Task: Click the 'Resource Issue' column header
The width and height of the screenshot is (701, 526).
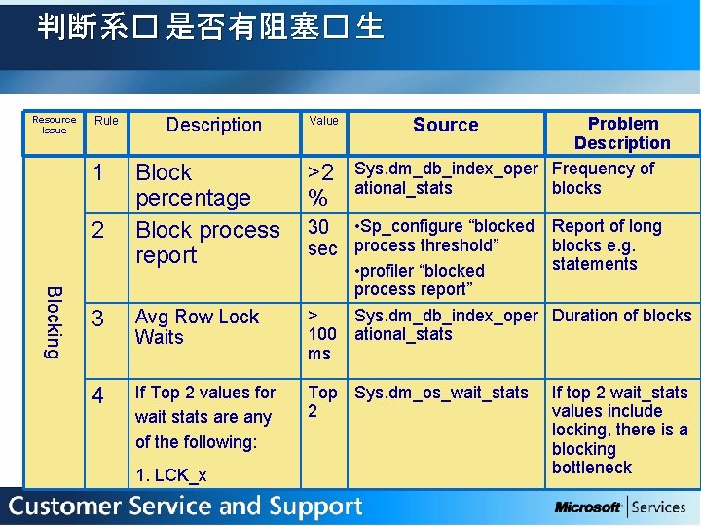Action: [55, 125]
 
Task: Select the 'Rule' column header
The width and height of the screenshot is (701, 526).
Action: [106, 121]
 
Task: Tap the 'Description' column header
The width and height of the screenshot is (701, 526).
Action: [214, 125]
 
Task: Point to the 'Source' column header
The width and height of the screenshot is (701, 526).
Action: [445, 125]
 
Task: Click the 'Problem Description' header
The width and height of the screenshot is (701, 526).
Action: [622, 133]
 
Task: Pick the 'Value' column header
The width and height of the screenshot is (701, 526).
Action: [323, 121]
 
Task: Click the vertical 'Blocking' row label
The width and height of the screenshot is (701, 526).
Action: [55, 321]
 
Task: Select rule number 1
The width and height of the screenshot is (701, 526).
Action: [98, 173]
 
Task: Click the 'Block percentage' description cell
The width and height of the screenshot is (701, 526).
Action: [193, 185]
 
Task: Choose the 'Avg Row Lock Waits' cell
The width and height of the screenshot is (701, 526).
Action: [197, 327]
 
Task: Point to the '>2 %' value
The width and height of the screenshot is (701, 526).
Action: [320, 185]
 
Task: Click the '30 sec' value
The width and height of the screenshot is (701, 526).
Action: [322, 238]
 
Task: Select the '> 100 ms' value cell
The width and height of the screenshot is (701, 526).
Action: [321, 334]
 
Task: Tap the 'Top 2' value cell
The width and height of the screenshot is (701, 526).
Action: [322, 401]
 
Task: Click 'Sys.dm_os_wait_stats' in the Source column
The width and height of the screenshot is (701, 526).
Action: [441, 393]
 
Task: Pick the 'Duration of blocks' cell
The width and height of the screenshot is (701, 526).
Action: [621, 316]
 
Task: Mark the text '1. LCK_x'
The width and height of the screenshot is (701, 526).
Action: [171, 475]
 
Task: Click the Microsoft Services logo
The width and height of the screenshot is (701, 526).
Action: [620, 507]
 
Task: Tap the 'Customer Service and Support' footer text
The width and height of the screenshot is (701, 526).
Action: [186, 507]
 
